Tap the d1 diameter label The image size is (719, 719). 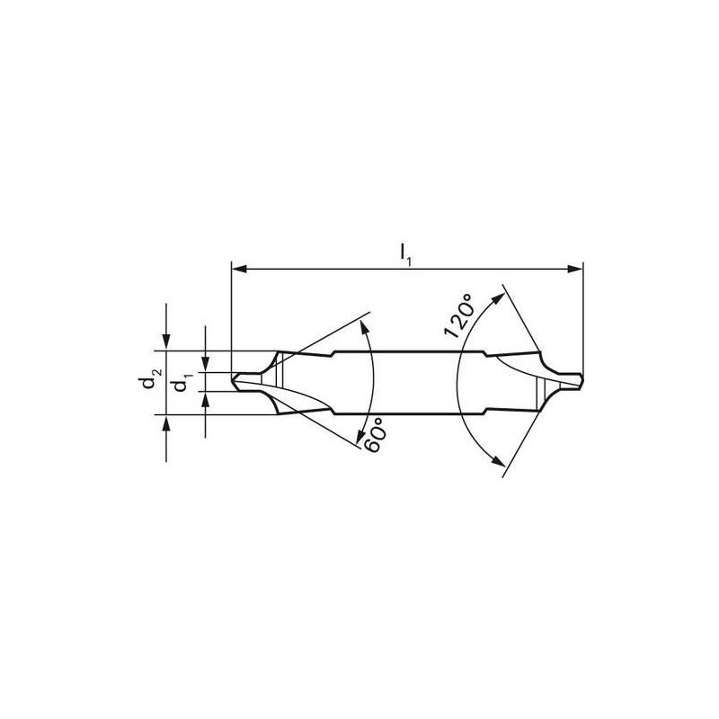182,384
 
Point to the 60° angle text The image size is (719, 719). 376,434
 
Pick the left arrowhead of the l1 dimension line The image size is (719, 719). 237,268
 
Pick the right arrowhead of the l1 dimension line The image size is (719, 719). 578,268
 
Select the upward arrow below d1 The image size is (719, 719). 206,401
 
